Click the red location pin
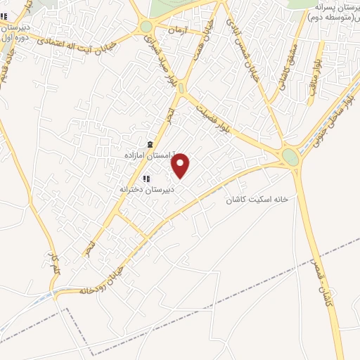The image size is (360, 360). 181,165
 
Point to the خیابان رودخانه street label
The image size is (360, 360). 102,280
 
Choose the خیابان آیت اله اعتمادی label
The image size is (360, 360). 70,39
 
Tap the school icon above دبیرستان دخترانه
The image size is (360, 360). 146,179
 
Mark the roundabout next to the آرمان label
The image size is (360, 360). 146,27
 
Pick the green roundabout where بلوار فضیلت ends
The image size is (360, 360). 290,157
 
